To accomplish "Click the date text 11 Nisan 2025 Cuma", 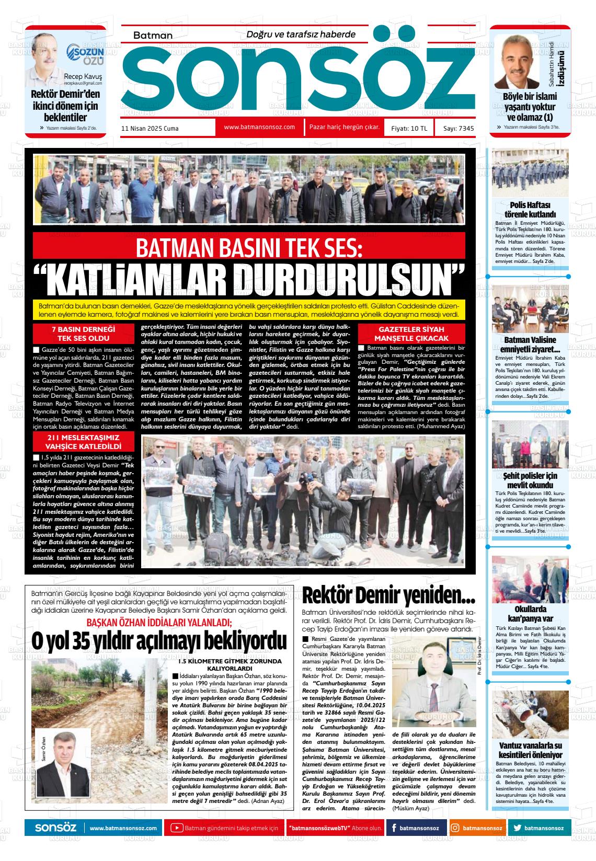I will coord(150,128).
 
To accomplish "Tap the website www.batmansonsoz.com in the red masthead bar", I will coord(259,127).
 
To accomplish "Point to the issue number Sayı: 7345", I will coord(459,128).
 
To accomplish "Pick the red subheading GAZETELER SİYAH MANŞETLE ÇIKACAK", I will coord(411,334).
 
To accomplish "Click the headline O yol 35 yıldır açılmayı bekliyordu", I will coord(159,641).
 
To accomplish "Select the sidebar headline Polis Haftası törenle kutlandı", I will coord(530,209).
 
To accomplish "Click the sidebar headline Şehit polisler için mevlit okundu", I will coord(530,480).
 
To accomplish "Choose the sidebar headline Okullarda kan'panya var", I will coord(530,614).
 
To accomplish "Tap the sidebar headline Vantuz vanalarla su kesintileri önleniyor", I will coord(530,750).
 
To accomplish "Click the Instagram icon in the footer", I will coord(455,828).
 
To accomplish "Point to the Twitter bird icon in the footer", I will coord(518,828).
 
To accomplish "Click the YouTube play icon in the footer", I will coord(177,828).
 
